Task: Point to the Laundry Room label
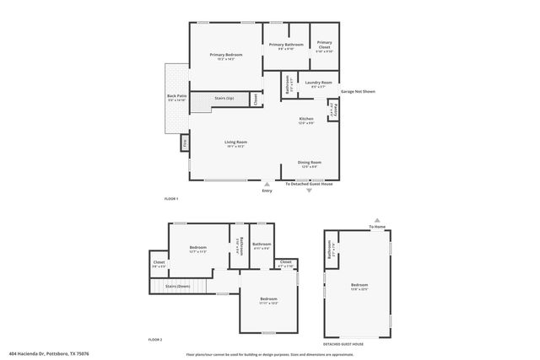click(x=318, y=83)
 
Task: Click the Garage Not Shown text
click(x=358, y=90)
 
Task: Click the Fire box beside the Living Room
click(x=185, y=144)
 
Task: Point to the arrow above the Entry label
click(x=267, y=183)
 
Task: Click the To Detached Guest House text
click(x=310, y=183)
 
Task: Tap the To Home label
click(x=376, y=227)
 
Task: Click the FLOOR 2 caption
click(x=155, y=339)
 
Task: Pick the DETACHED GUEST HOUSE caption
click(x=343, y=343)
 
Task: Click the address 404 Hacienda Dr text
click(x=49, y=354)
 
